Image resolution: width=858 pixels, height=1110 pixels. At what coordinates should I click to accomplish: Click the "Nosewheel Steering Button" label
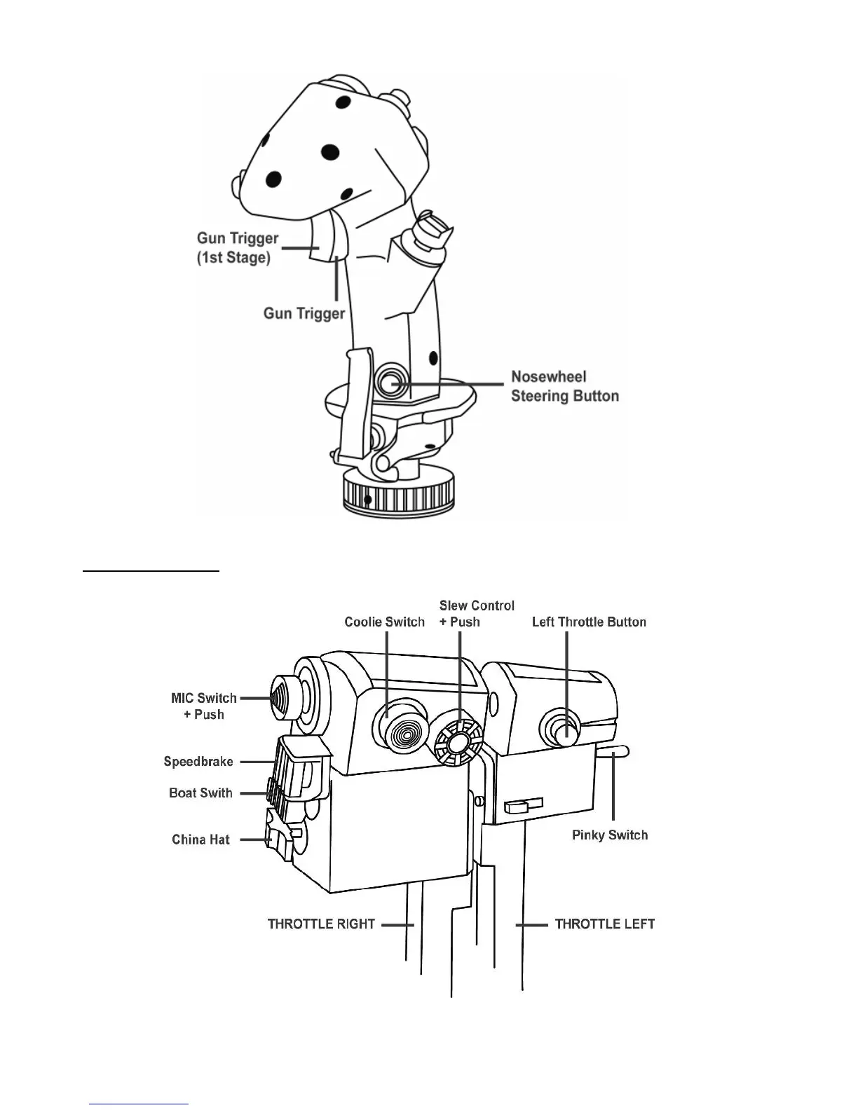point(564,386)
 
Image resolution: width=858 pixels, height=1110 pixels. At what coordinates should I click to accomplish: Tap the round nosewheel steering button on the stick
point(389,383)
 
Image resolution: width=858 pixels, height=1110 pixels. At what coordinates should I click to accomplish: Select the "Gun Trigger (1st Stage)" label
point(237,248)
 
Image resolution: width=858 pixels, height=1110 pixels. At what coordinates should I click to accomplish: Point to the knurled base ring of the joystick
point(398,494)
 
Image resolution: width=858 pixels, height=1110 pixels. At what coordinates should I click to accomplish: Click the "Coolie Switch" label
point(384,622)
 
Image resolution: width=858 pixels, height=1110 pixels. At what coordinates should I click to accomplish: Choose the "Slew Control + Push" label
point(477,613)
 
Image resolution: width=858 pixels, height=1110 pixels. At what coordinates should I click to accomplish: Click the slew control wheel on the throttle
point(458,742)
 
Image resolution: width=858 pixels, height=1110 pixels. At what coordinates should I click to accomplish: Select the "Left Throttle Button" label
point(589,622)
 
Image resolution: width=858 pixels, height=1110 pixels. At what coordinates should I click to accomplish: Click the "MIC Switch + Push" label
point(204,706)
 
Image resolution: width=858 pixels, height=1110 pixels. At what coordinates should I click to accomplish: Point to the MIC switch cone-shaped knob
point(283,698)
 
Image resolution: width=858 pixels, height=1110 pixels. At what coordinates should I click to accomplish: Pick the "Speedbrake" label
point(198,762)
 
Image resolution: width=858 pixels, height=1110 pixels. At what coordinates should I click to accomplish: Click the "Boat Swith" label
point(200,793)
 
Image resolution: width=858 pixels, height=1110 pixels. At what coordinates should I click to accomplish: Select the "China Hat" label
point(200,840)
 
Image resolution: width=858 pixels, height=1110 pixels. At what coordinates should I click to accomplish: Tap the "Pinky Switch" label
point(610,835)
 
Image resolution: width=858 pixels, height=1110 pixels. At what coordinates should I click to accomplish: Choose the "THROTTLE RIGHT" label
point(321,924)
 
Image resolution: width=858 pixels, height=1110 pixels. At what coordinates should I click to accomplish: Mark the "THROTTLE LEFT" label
point(604,924)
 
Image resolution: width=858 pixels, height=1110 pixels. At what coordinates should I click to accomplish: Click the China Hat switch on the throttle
point(277,835)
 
